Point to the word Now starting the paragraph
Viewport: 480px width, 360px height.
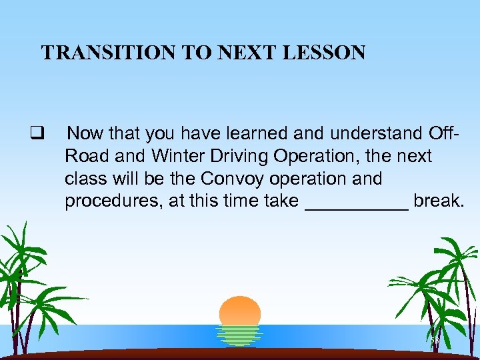click(85, 133)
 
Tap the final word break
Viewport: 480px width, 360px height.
click(437, 201)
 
